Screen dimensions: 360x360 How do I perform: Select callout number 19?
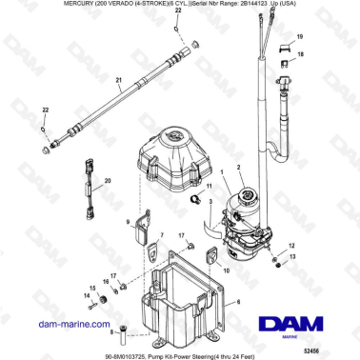(x=301, y=36)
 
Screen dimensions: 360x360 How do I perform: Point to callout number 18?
(x=302, y=56)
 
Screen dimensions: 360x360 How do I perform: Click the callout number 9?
(x=126, y=222)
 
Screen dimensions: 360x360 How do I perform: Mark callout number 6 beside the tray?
(x=238, y=302)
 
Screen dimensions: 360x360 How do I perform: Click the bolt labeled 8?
(x=123, y=332)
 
